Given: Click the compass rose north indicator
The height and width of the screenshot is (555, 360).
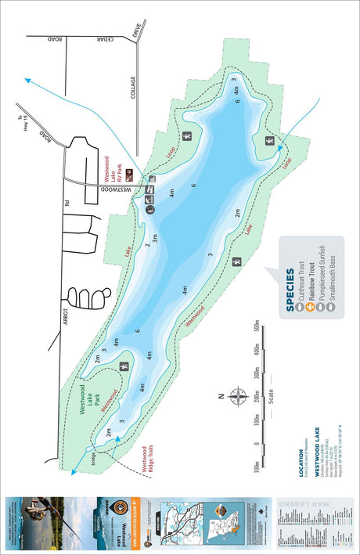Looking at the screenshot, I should [x=236, y=397].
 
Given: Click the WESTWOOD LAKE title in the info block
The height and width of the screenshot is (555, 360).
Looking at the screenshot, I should [x=316, y=447].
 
